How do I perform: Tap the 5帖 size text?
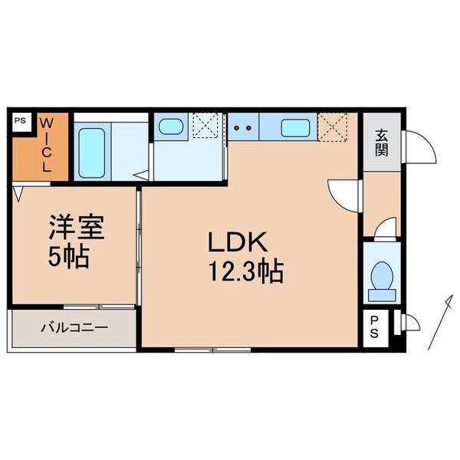[x=69, y=256]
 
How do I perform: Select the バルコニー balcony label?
[x=74, y=327]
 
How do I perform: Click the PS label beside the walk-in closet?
[x=21, y=120]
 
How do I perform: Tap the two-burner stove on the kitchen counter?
[x=243, y=127]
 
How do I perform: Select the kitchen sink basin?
[x=295, y=127]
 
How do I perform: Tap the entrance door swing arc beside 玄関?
[x=420, y=145]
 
